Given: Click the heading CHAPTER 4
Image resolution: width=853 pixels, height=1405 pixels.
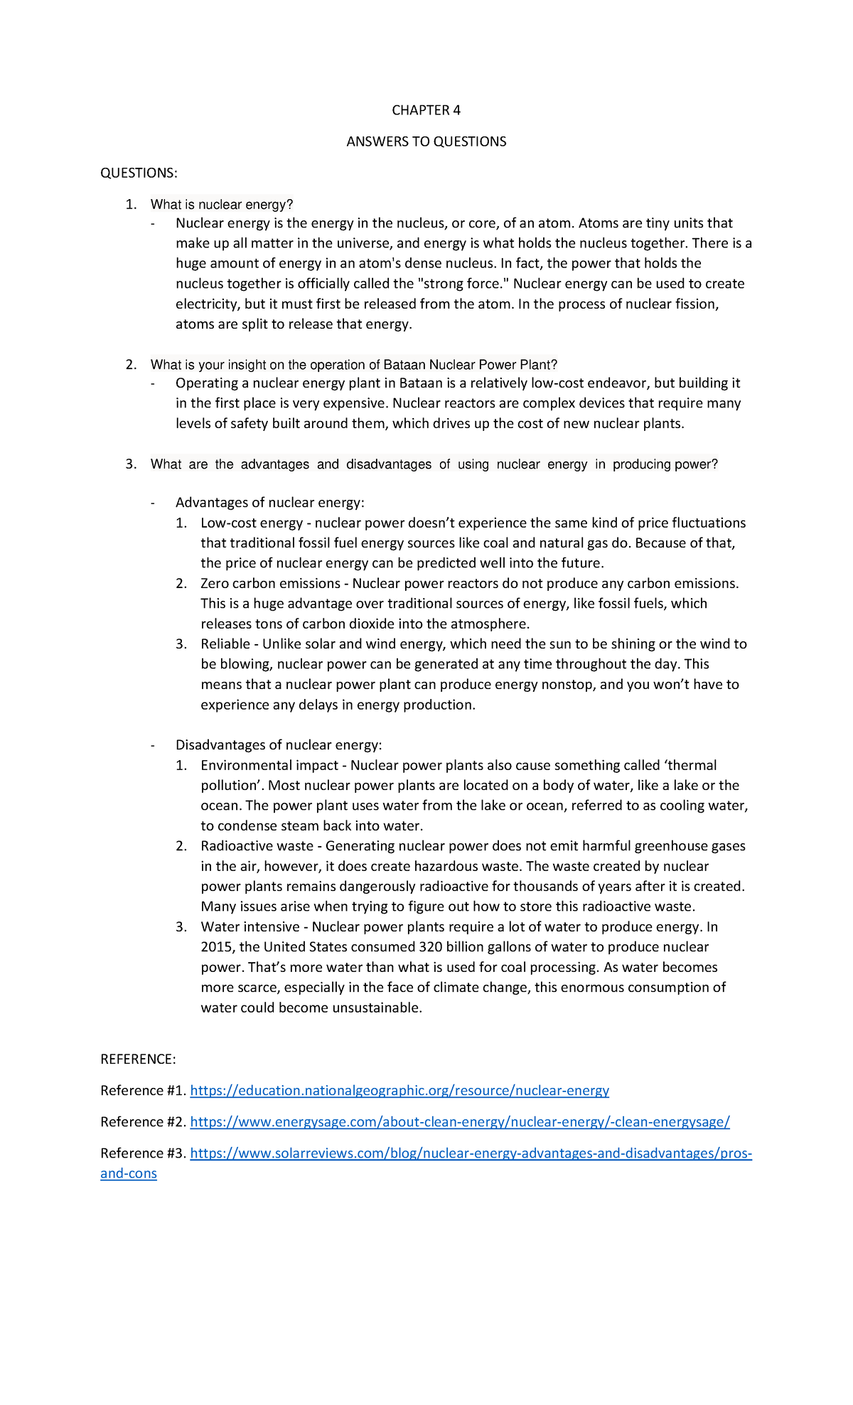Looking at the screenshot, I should point(426,110).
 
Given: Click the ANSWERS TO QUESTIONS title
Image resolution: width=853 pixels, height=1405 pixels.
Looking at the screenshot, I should point(426,141).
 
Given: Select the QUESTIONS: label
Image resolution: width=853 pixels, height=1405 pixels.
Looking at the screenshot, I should point(139,173).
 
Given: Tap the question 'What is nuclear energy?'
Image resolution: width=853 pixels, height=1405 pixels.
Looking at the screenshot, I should point(222,205).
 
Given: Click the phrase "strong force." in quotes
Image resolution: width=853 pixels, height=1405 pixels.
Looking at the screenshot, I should point(462,284).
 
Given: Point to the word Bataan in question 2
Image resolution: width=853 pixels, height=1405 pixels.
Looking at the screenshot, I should point(404,365).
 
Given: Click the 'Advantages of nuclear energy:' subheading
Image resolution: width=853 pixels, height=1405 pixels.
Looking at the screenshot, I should point(269,503).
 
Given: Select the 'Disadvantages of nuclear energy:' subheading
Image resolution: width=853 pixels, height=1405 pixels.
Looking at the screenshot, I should point(279,745).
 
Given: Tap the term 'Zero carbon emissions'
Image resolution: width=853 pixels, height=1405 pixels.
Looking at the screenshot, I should point(270,584).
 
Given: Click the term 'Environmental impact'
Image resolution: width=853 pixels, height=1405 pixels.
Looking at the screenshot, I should point(269,766).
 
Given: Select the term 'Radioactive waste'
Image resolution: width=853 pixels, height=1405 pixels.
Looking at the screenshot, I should point(257,846).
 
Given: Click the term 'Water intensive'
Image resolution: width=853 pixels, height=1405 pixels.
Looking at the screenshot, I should point(250,927).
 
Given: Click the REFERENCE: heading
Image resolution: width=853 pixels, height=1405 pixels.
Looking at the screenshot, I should point(138,1059).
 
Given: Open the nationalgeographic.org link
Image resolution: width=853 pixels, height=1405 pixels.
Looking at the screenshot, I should point(399,1091).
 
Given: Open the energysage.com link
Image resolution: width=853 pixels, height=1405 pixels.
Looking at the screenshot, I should point(460,1122).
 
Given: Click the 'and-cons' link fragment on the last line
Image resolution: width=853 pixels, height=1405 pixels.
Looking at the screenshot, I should point(129,1173).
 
